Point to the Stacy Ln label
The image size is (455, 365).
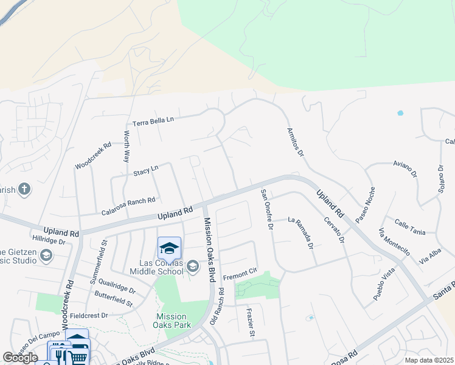(x=146, y=170)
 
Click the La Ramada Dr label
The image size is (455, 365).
(x=300, y=234)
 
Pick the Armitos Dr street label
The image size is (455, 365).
(x=295, y=142)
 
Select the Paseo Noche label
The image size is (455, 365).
(x=366, y=205)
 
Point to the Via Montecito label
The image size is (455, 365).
(x=394, y=242)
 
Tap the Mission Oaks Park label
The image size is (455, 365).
(x=171, y=321)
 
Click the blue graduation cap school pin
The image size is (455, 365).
(x=169, y=248)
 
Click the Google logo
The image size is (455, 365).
(x=20, y=358)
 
